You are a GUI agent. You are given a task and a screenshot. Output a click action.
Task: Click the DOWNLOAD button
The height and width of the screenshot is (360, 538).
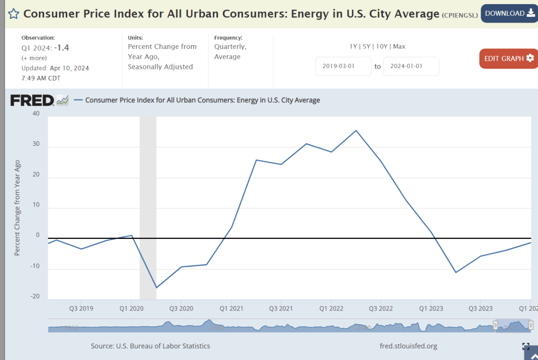509,13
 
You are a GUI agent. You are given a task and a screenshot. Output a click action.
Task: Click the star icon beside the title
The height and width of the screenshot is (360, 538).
13,14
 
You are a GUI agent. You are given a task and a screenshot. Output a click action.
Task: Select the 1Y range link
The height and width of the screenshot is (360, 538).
353,46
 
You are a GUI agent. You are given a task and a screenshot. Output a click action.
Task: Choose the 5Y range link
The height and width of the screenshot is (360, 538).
367,46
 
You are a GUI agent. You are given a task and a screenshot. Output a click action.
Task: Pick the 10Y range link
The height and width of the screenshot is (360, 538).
381,46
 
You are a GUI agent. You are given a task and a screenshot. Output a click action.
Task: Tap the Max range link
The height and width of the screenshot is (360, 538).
399,46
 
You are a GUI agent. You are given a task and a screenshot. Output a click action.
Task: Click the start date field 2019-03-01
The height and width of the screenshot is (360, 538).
343,66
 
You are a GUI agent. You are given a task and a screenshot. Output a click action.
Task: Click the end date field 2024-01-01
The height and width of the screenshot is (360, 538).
411,66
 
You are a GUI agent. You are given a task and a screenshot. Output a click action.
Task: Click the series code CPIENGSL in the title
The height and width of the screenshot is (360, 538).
459,15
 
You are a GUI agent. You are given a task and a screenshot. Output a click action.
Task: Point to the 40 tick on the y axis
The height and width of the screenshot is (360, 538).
36,113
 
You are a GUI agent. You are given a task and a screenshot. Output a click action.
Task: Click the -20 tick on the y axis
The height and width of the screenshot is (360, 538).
35,296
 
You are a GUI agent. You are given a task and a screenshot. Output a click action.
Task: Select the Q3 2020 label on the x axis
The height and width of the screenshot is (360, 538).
181,308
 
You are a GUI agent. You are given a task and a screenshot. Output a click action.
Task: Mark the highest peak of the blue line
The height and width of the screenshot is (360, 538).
356,131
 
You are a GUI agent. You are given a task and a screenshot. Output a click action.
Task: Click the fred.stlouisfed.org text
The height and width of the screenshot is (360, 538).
408,346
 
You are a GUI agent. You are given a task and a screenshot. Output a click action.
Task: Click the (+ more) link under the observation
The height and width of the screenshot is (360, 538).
34,58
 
